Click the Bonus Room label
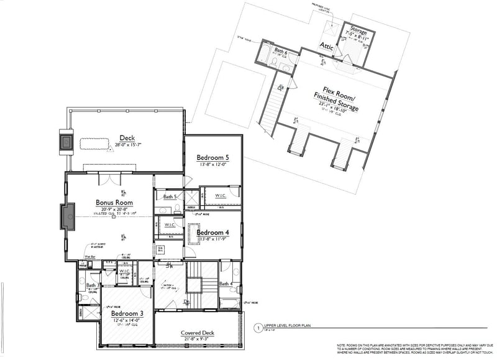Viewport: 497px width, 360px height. [114, 203]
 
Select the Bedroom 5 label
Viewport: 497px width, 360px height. [213, 158]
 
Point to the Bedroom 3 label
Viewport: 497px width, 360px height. [128, 314]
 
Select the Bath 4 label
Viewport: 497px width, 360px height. [227, 284]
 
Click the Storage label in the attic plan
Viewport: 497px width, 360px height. [359, 29]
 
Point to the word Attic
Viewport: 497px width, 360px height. [327, 46]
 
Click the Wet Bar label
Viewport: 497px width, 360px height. [89, 256]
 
